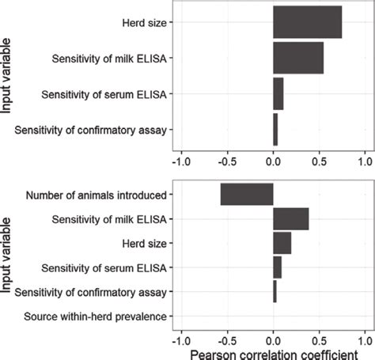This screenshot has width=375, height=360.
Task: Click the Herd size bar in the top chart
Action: point(307,22)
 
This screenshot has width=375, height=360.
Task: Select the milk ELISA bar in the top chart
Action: point(297,58)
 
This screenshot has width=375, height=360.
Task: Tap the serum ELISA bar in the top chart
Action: point(278,93)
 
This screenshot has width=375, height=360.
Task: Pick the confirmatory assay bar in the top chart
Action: point(275,129)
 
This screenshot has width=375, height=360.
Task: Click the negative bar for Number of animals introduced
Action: point(247,194)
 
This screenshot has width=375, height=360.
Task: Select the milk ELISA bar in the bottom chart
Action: point(290,218)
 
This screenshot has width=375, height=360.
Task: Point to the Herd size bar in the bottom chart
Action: point(282,243)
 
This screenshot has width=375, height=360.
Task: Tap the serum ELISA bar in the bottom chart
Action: point(277,267)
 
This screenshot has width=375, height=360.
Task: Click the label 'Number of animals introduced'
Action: point(96,195)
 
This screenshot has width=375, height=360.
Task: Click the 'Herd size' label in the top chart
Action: point(145,23)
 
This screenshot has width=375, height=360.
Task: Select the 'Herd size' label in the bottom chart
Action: point(145,244)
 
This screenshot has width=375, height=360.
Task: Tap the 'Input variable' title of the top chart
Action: point(7,76)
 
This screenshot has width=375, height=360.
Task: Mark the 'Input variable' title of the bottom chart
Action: point(7,255)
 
